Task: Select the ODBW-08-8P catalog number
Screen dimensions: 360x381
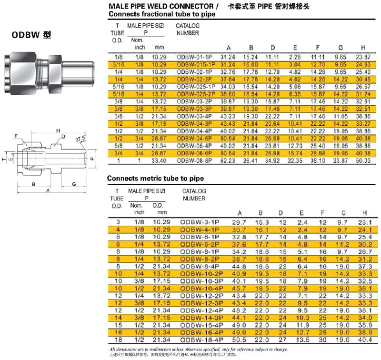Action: [196, 161]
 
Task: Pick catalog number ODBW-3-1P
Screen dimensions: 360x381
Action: [199, 222]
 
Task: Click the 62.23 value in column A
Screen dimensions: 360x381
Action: [228, 161]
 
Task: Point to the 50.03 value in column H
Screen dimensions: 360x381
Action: [363, 161]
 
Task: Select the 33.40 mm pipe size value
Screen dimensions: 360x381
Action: [159, 161]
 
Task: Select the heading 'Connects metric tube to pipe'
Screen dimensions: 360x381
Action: [155, 178]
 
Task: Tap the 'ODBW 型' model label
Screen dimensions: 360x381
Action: [31, 36]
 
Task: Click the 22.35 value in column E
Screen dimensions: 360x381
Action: [295, 161]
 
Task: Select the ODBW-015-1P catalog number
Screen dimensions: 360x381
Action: [197, 64]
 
